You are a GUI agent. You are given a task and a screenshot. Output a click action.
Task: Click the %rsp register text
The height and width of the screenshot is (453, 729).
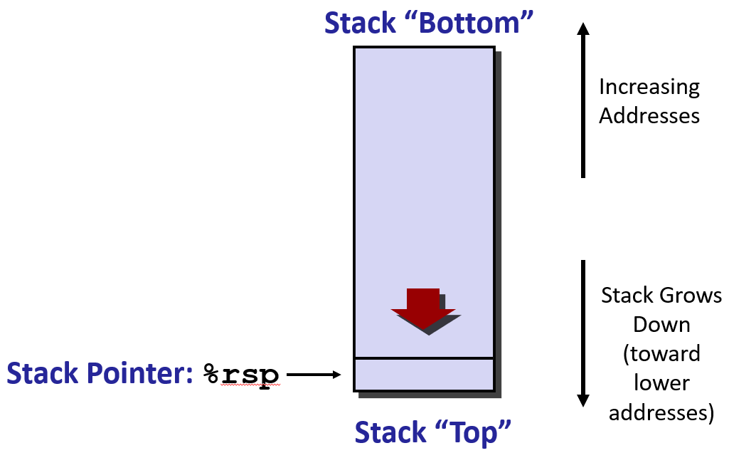coord(241,374)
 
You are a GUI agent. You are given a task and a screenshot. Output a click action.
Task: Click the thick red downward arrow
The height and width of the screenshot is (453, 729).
coord(423,308)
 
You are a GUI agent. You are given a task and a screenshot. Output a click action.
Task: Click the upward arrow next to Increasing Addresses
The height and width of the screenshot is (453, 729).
coord(583,100)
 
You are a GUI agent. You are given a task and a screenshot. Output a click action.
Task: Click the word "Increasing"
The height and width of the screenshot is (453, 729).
coord(649,87)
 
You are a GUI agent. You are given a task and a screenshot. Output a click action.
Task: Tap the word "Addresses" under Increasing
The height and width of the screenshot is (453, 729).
coord(649,115)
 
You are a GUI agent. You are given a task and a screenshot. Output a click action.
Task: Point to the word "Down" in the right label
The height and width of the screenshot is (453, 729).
coord(661,325)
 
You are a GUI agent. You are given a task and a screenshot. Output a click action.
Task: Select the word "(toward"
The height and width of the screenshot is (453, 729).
coord(661,354)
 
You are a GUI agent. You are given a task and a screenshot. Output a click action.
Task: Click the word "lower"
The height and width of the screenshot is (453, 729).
coord(661,383)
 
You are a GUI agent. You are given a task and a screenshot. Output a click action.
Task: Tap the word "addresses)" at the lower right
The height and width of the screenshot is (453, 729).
coord(661,412)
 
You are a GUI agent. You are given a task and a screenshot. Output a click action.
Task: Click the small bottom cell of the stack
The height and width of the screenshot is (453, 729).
coord(424,375)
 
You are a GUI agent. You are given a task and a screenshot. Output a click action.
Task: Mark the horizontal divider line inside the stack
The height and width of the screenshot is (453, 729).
coord(424,358)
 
